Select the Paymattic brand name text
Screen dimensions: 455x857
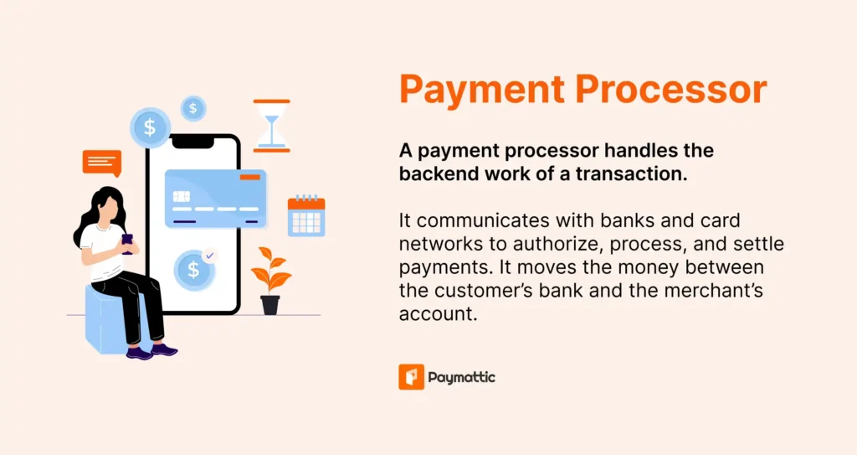pyautogui.click(x=461, y=378)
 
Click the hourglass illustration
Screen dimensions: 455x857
pyautogui.click(x=271, y=126)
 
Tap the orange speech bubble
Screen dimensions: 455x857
pyautogui.click(x=102, y=162)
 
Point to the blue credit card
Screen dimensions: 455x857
pyautogui.click(x=215, y=198)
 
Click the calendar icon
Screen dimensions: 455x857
pyautogui.click(x=305, y=215)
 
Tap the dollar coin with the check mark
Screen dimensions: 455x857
pyautogui.click(x=195, y=269)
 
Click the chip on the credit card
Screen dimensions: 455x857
pyautogui.click(x=181, y=196)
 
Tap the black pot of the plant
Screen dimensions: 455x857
pyautogui.click(x=269, y=304)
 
